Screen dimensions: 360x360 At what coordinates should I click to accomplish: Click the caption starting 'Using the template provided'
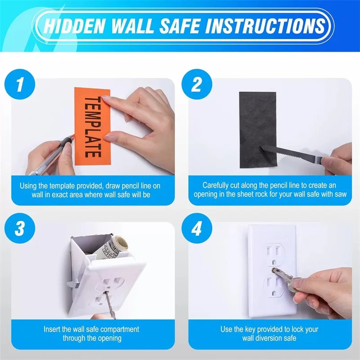coord(90,189)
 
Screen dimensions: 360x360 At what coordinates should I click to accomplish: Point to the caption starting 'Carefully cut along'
coord(270,189)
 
